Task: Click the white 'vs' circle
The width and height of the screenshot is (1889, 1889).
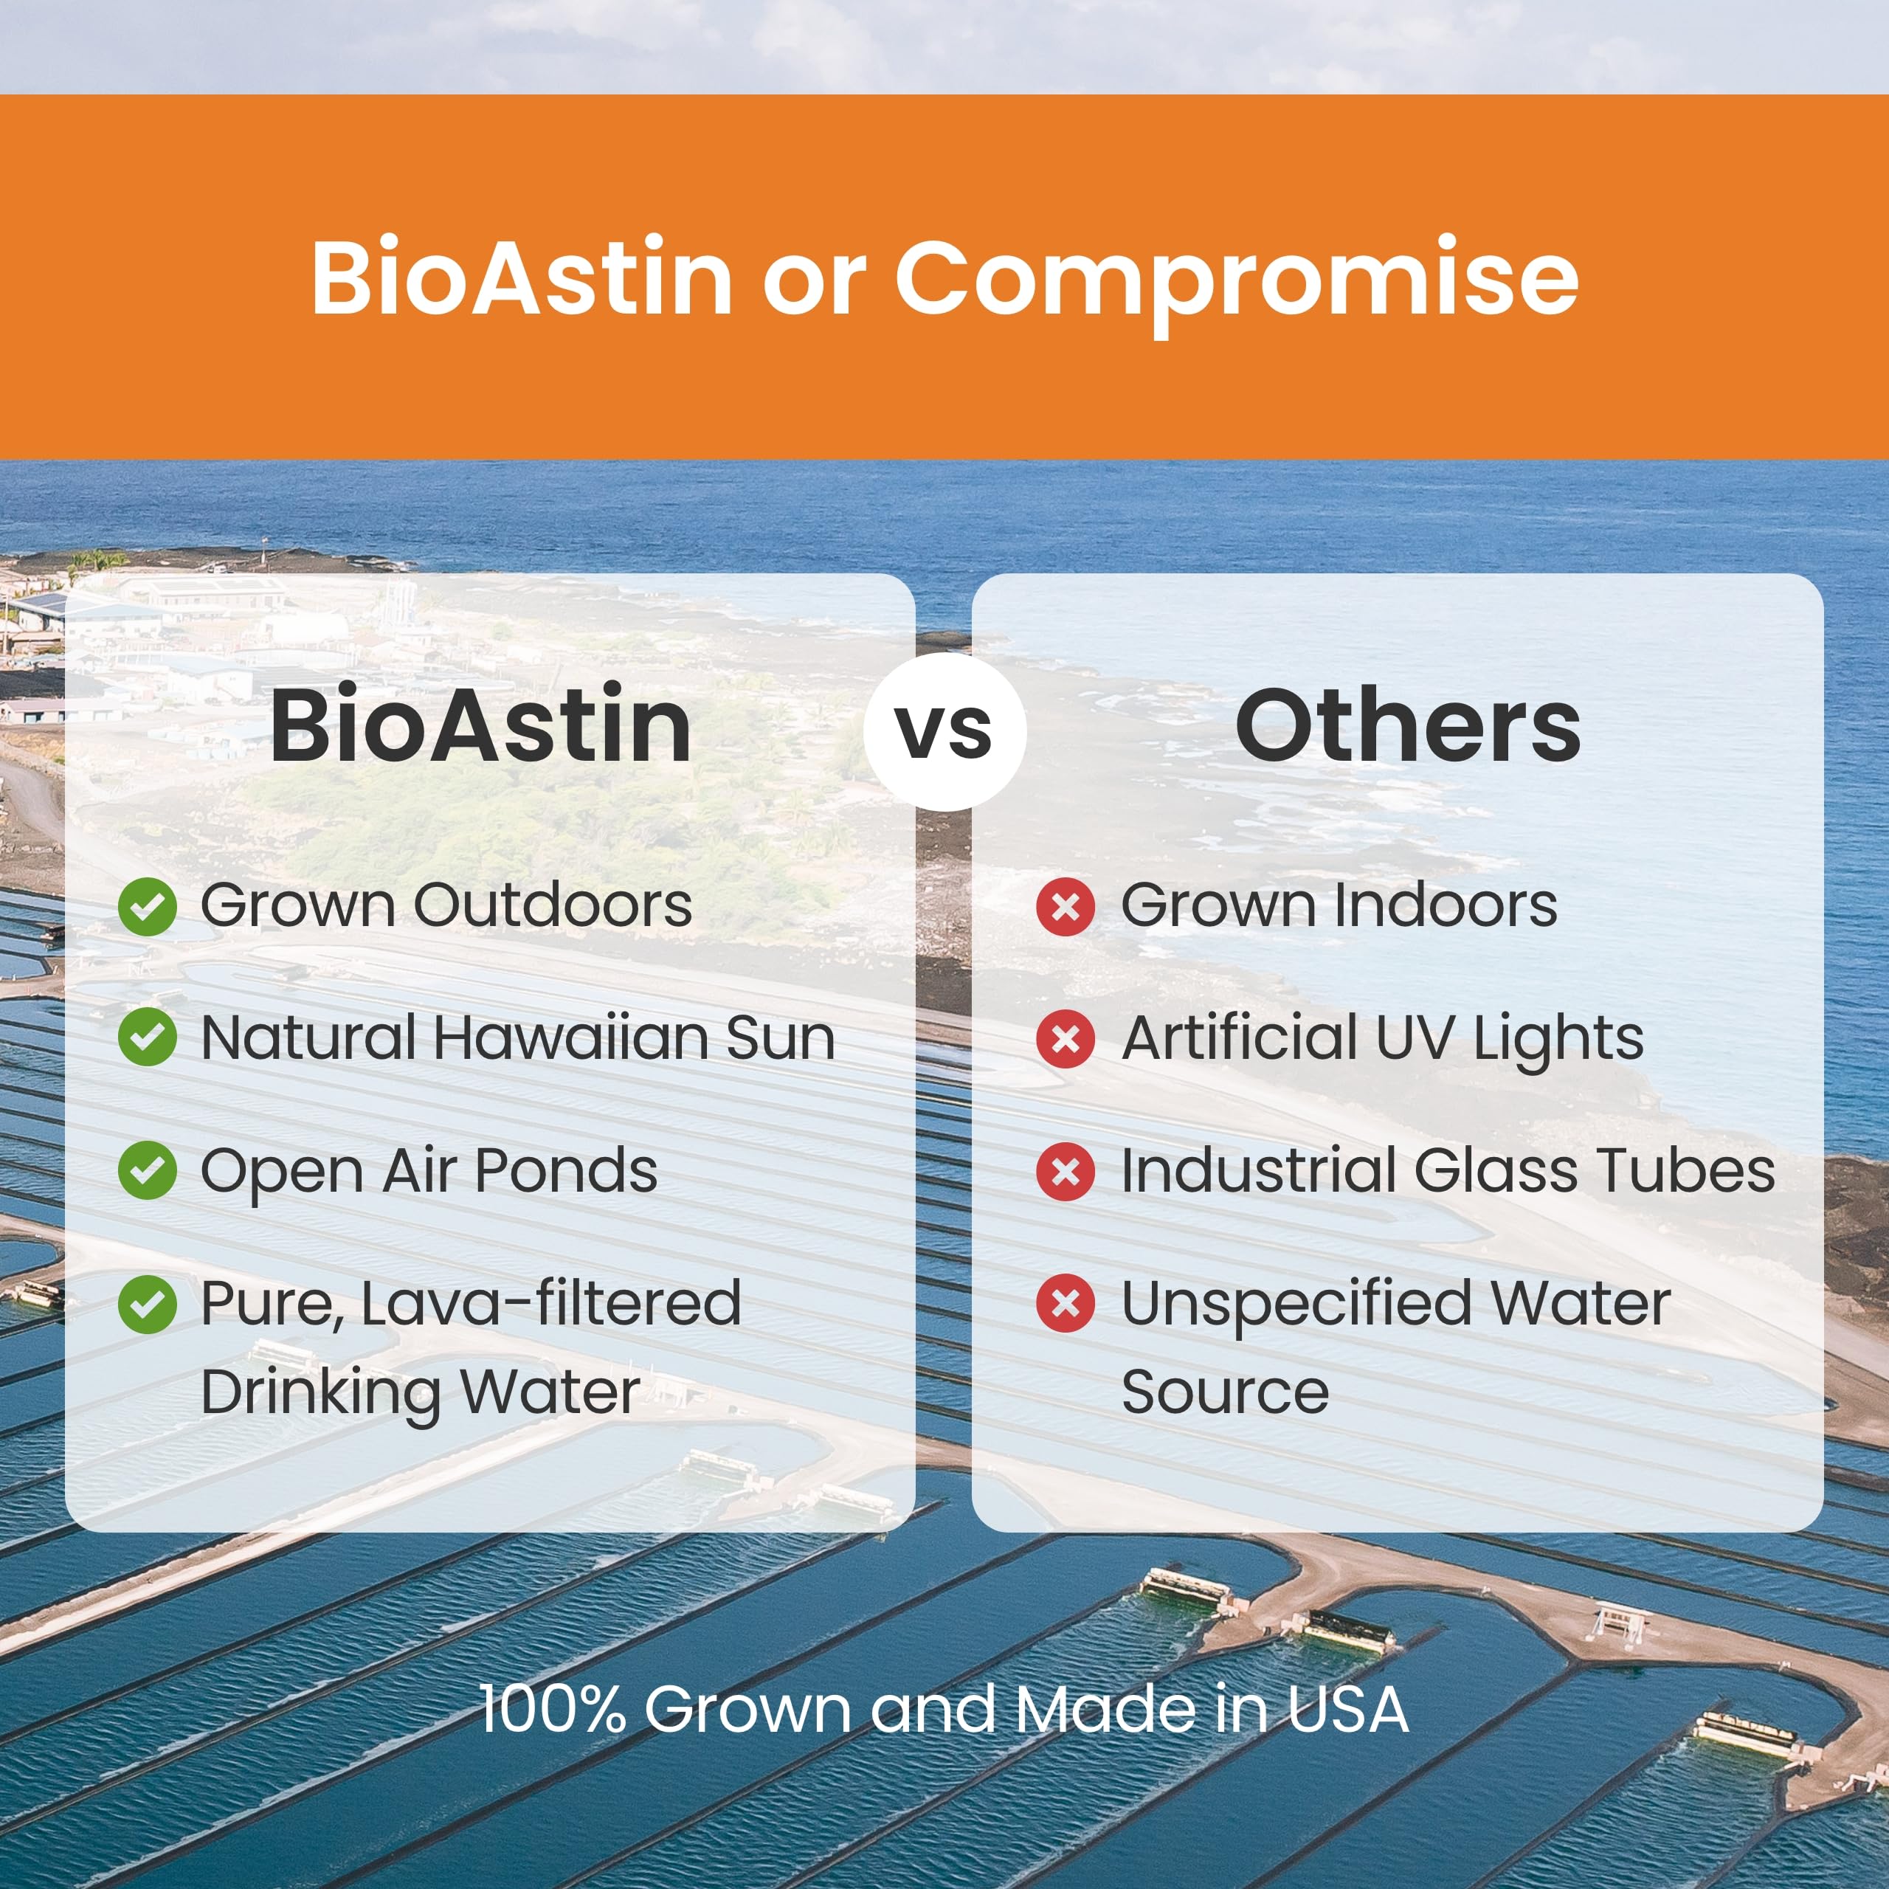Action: (944, 731)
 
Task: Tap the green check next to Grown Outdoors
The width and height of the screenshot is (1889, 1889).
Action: (147, 906)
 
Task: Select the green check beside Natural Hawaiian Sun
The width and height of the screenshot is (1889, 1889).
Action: (147, 1037)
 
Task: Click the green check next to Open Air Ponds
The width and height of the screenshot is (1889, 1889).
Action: (147, 1170)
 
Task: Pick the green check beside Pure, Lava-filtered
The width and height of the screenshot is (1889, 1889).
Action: (147, 1303)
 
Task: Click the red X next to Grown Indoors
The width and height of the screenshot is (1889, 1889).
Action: (1065, 906)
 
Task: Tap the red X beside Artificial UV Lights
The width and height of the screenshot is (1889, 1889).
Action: (1065, 1037)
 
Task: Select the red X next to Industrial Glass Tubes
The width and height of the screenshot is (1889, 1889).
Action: (1065, 1170)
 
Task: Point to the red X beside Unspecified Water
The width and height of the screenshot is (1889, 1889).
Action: (1065, 1303)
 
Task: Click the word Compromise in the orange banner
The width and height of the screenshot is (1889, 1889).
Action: (1236, 280)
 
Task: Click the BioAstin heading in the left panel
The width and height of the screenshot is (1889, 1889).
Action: (480, 727)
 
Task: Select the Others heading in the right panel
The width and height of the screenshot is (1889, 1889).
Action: (1407, 727)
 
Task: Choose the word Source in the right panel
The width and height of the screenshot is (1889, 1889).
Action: (1224, 1392)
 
